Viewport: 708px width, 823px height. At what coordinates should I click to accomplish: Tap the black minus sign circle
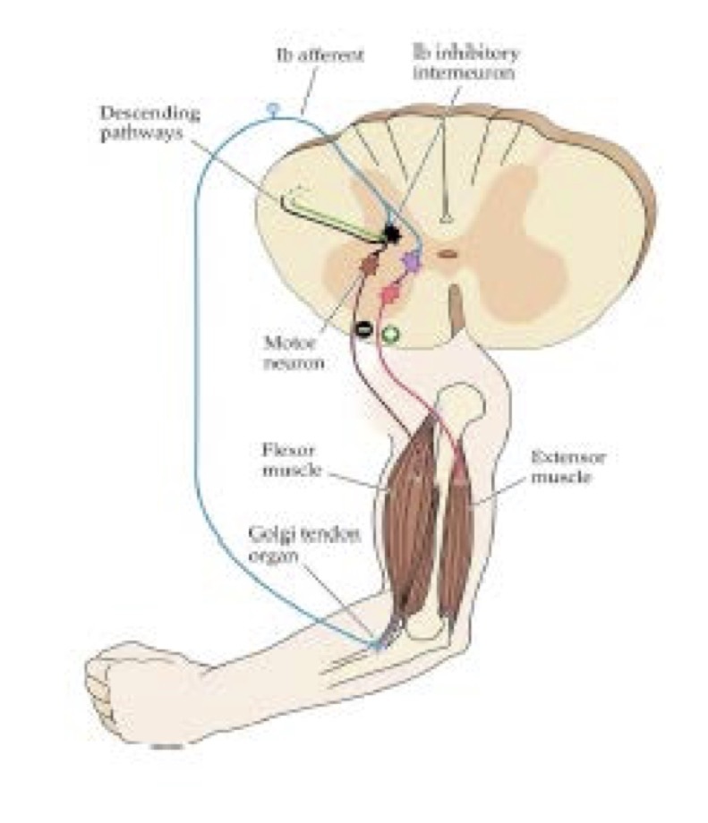point(363,328)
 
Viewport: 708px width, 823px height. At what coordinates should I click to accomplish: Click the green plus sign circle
point(389,335)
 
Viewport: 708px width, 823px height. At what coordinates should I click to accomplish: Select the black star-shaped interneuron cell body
point(390,234)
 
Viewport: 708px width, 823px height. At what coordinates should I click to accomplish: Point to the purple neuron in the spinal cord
point(411,260)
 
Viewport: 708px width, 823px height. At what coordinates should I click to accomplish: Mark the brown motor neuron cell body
point(367,261)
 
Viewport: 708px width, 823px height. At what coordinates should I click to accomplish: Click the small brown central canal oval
point(447,254)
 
